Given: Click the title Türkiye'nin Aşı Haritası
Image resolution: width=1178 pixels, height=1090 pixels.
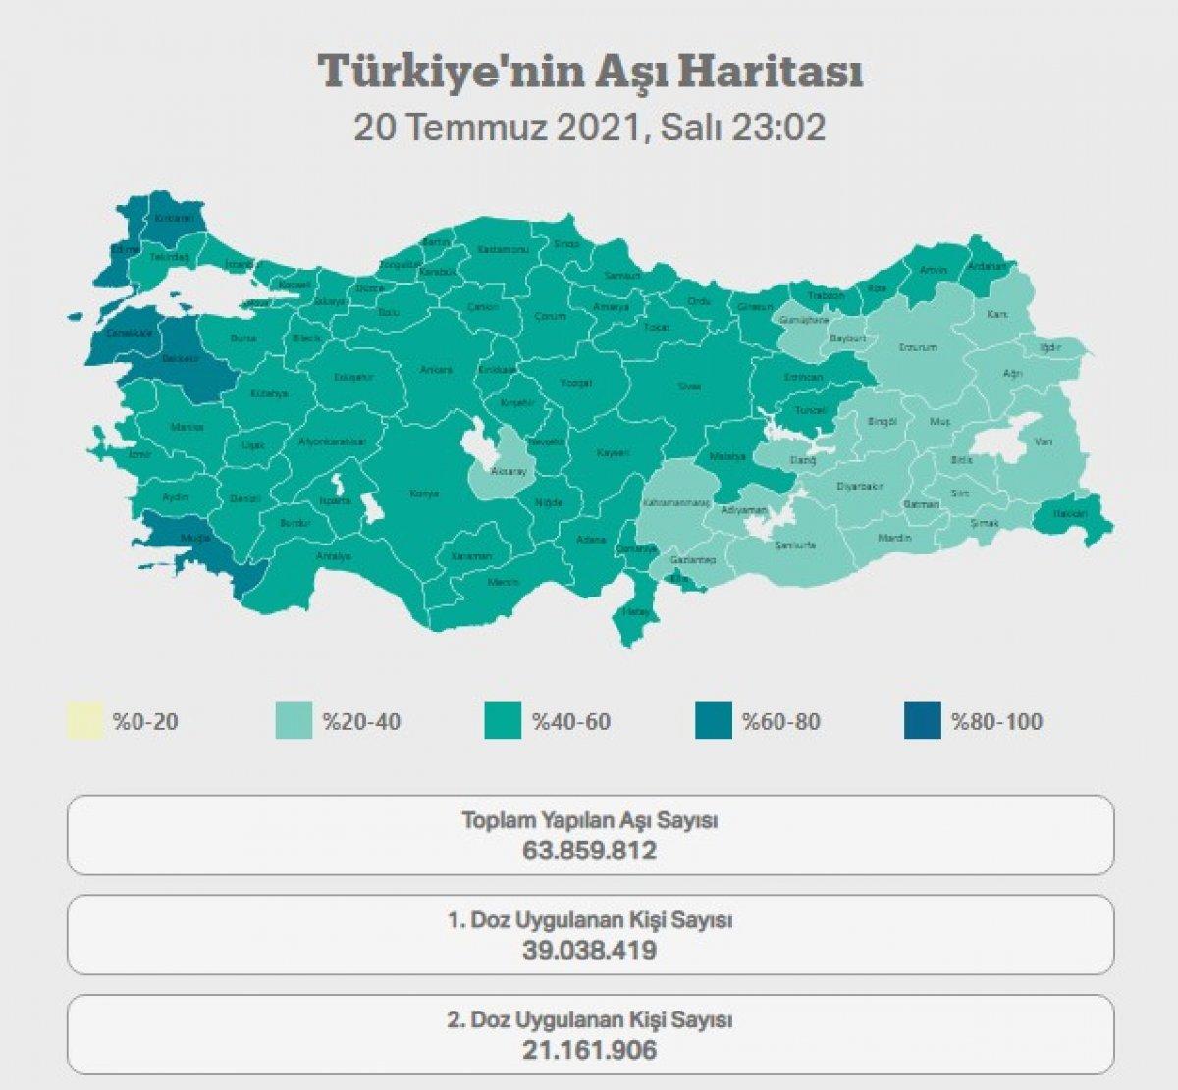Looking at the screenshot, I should tap(590, 72).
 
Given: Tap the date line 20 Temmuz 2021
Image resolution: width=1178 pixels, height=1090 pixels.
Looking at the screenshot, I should tap(589, 128).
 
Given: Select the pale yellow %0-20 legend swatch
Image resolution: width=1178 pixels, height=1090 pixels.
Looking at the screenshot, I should tap(84, 721).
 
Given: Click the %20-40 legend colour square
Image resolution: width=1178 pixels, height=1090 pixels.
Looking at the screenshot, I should tap(294, 721).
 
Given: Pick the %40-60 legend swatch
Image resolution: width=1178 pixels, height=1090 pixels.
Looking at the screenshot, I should tap(504, 721).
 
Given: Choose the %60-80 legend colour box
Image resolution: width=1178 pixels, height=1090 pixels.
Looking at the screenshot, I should tap(714, 721).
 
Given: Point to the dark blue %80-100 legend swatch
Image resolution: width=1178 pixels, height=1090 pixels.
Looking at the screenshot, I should tap(923, 721).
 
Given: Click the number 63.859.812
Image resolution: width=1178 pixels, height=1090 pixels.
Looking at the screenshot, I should tap(590, 850).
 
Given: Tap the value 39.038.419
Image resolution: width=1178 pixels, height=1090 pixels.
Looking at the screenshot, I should tap(590, 950).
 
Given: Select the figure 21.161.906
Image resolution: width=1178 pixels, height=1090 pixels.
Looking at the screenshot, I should tap(590, 1050).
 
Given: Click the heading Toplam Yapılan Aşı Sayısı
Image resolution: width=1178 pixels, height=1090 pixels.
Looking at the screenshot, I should tap(590, 820).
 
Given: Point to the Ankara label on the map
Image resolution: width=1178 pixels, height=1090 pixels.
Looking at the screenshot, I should tap(436, 370).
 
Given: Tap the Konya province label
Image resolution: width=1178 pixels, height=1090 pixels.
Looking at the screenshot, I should tap(424, 493).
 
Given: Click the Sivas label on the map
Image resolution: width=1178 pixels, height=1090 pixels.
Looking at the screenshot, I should tap(690, 387).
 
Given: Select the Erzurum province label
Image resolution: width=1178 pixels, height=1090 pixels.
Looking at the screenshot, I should tap(918, 347).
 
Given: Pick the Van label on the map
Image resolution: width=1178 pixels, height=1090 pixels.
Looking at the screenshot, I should tap(1044, 442).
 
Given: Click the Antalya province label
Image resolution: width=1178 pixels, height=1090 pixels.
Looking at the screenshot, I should tap(334, 556).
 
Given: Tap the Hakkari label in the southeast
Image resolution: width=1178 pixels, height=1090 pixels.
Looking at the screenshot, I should tap(1070, 513).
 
